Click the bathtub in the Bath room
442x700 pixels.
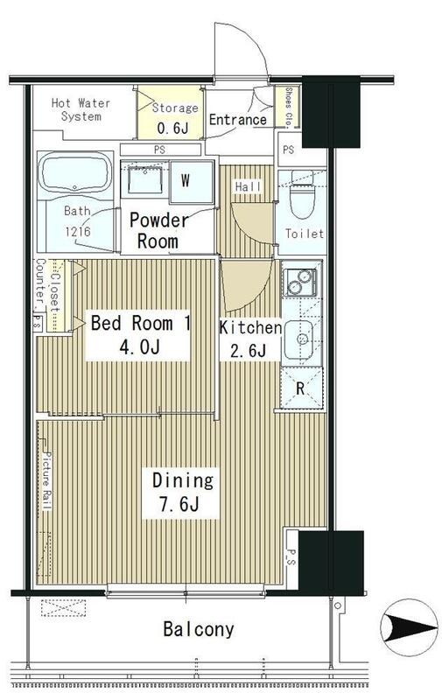click(75, 173)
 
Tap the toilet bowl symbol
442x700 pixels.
click(302, 195)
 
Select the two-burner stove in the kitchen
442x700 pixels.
click(300, 281)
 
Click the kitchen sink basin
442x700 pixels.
click(299, 339)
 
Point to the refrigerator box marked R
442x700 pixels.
click(301, 388)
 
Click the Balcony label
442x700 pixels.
click(198, 629)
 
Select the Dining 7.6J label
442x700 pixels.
click(182, 492)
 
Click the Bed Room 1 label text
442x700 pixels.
click(140, 323)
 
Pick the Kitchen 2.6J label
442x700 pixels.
click(249, 339)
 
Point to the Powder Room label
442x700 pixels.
click(158, 230)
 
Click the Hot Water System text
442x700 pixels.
click(81, 109)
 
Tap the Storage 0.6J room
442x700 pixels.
click(170, 112)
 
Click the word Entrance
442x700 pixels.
click(237, 120)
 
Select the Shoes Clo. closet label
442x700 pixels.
click(289, 108)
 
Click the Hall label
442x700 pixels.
click(248, 186)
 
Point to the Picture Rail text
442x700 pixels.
click(47, 480)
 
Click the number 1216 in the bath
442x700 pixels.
click(78, 231)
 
